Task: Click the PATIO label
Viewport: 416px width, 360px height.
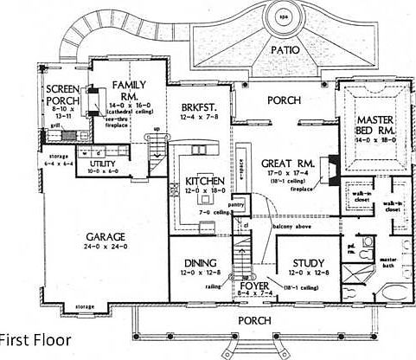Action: [x=285, y=49]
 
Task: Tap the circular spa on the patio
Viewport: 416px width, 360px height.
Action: [x=285, y=16]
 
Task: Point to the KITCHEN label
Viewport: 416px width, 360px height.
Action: [x=206, y=181]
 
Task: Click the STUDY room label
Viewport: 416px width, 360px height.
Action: [x=307, y=263]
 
